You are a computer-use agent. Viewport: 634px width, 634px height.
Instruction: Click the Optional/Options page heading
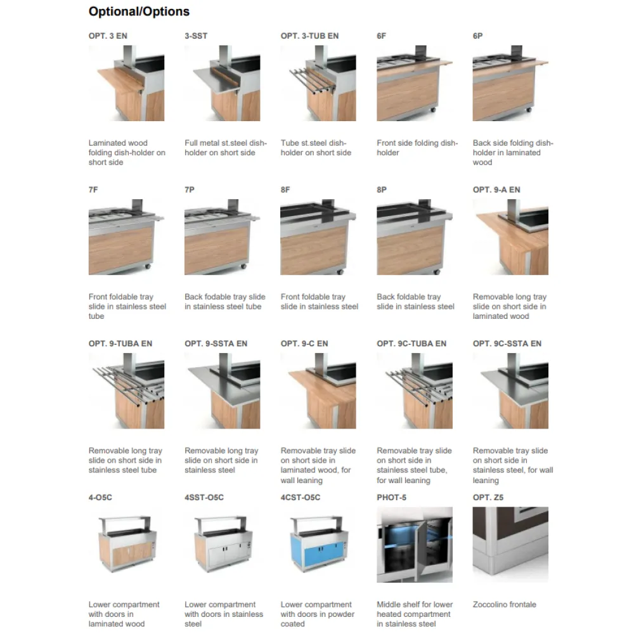(139, 11)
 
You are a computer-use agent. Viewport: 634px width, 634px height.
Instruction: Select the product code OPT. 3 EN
(108, 36)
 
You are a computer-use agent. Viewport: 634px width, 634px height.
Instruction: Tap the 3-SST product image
(222, 83)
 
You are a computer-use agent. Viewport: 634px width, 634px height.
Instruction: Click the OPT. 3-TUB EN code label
(309, 36)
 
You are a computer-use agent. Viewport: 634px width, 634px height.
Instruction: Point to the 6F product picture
(414, 83)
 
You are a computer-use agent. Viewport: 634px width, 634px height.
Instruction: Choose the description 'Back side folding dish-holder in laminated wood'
(512, 153)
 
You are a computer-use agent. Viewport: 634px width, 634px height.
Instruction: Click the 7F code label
(94, 190)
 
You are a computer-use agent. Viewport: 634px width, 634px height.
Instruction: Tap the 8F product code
(285, 190)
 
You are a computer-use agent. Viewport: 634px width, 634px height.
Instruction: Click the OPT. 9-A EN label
(496, 190)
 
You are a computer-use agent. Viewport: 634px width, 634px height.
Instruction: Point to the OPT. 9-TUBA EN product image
(126, 391)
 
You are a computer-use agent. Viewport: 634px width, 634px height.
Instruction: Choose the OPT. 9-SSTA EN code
(216, 344)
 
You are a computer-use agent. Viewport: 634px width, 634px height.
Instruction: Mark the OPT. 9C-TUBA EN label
(411, 344)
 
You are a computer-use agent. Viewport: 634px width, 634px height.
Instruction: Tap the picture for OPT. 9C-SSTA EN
(510, 391)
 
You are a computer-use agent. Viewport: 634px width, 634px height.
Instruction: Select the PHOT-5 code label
(391, 498)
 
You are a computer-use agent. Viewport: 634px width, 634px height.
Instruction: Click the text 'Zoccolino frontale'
(504, 605)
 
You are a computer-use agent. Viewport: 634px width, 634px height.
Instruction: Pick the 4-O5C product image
(126, 545)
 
